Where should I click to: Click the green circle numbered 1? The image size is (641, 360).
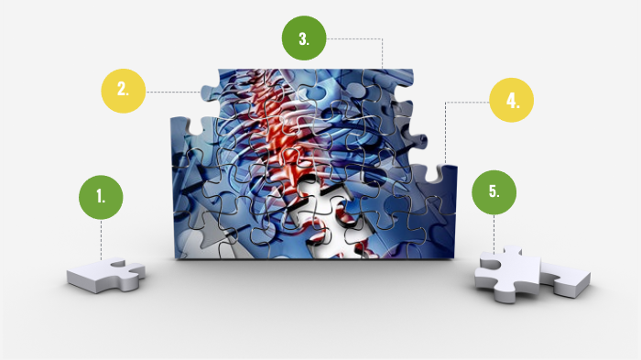101,196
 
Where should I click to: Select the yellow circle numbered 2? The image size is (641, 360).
123,91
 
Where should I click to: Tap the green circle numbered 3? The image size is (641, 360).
304,39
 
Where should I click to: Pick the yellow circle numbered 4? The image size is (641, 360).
512,102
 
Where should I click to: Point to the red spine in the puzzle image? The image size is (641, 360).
275,119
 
